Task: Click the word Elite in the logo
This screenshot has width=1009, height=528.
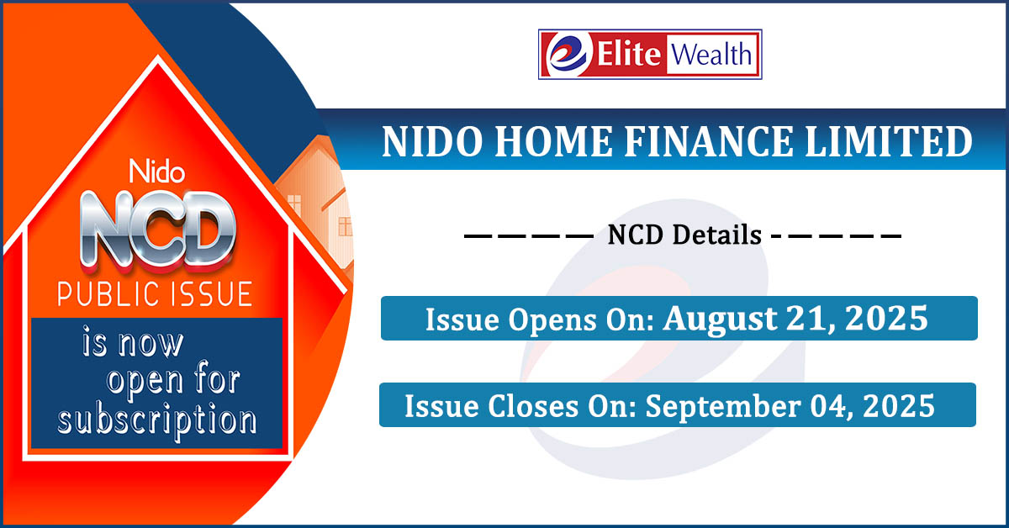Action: point(629,54)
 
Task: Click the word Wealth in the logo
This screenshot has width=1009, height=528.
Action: point(711,55)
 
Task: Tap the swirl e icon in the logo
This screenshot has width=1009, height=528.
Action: point(567,54)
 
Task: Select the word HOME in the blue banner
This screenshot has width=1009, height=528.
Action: point(553,141)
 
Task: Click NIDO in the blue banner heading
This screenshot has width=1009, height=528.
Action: point(432,141)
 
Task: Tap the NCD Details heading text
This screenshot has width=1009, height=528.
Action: point(684,235)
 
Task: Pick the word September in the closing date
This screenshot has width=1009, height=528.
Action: point(723,407)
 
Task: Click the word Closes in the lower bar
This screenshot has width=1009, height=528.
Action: point(533,406)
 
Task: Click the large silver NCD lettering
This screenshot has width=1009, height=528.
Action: point(158,231)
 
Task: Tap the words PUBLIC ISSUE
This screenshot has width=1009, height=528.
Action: point(155,294)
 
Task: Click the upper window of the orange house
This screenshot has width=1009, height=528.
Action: point(294,205)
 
